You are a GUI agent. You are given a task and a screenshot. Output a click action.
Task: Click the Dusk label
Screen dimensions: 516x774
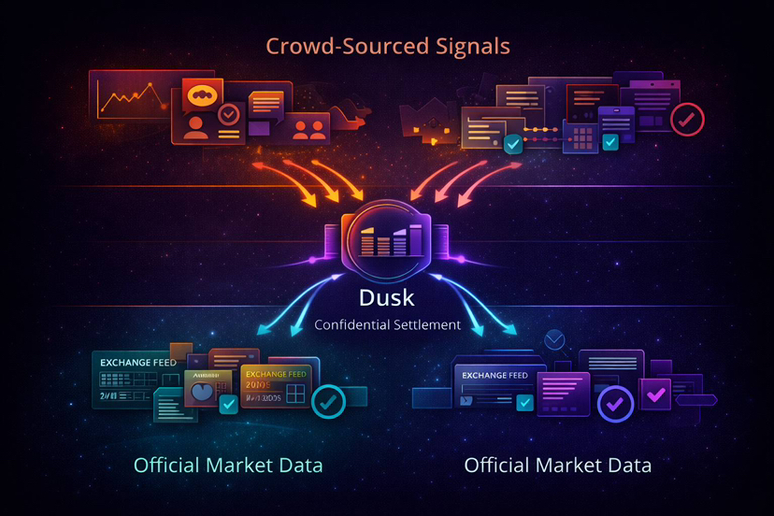point(387,299)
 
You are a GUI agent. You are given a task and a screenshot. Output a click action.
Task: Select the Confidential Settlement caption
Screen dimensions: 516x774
point(387,325)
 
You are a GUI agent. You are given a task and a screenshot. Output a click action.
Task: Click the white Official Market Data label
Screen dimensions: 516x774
point(557,465)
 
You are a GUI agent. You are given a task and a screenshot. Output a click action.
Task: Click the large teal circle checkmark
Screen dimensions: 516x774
point(328,401)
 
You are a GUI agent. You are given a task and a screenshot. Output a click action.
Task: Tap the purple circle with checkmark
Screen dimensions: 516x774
point(615,404)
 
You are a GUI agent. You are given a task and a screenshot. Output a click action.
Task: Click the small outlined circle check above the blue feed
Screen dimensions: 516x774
point(555,338)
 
